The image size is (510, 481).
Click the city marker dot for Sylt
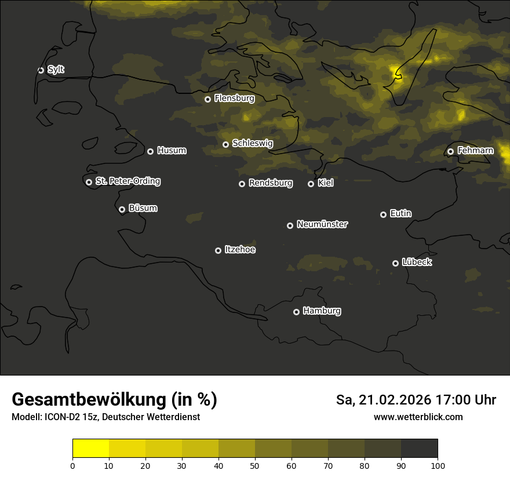click(41, 70)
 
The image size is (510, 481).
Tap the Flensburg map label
click(234, 99)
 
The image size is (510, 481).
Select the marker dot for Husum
click(150, 151)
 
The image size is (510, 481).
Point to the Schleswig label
click(252, 143)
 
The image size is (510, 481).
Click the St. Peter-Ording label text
click(128, 181)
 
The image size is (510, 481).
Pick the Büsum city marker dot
click(122, 210)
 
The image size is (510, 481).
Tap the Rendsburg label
click(271, 183)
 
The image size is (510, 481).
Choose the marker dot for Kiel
click(311, 184)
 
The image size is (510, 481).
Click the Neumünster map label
click(322, 224)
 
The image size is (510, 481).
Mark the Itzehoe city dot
click(218, 250)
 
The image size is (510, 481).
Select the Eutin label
click(400, 214)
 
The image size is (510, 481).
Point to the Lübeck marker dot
click(395, 263)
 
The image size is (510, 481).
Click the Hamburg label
click(322, 311)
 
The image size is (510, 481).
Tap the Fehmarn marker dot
click(450, 151)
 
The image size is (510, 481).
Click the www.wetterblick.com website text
click(418, 417)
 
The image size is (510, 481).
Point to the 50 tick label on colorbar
click(255, 465)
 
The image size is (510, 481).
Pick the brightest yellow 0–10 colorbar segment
click(90, 449)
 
